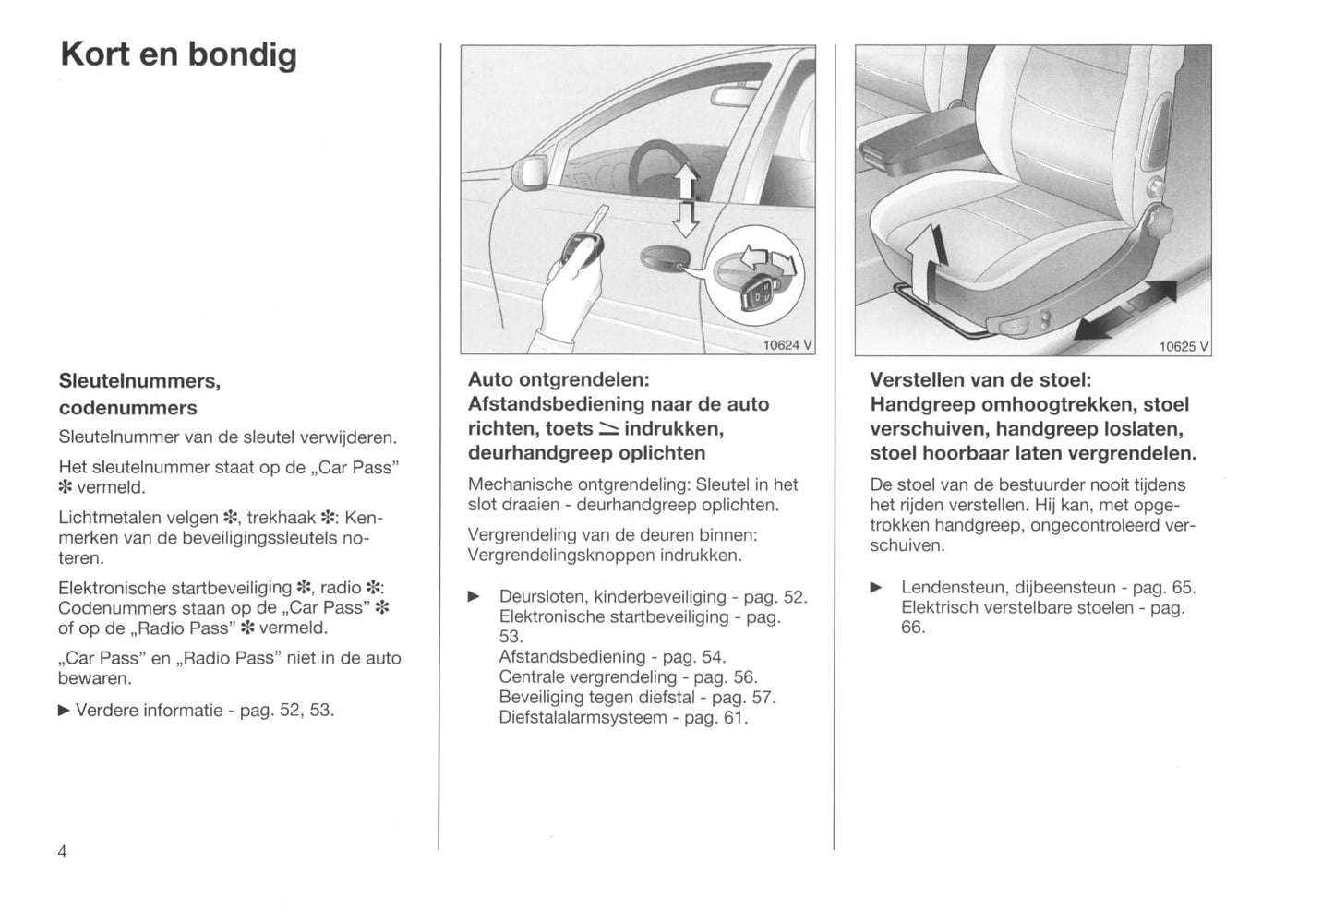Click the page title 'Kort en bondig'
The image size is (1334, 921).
pos(178,55)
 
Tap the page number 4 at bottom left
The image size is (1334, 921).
pos(63,851)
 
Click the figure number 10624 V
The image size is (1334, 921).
pos(787,345)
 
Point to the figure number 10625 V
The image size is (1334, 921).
pos(1184,346)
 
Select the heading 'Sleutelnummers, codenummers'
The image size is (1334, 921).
pos(140,394)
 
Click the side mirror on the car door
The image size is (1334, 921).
pos(534,172)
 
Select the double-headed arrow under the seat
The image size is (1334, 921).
pos(1126,310)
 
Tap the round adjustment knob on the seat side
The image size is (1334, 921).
pos(1162,223)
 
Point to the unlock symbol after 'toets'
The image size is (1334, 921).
pos(608,429)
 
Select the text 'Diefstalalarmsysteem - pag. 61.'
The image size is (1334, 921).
pos(623,718)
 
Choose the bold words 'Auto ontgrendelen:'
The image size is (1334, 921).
pos(559,379)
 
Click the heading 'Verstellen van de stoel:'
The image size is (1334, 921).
pos(980,379)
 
